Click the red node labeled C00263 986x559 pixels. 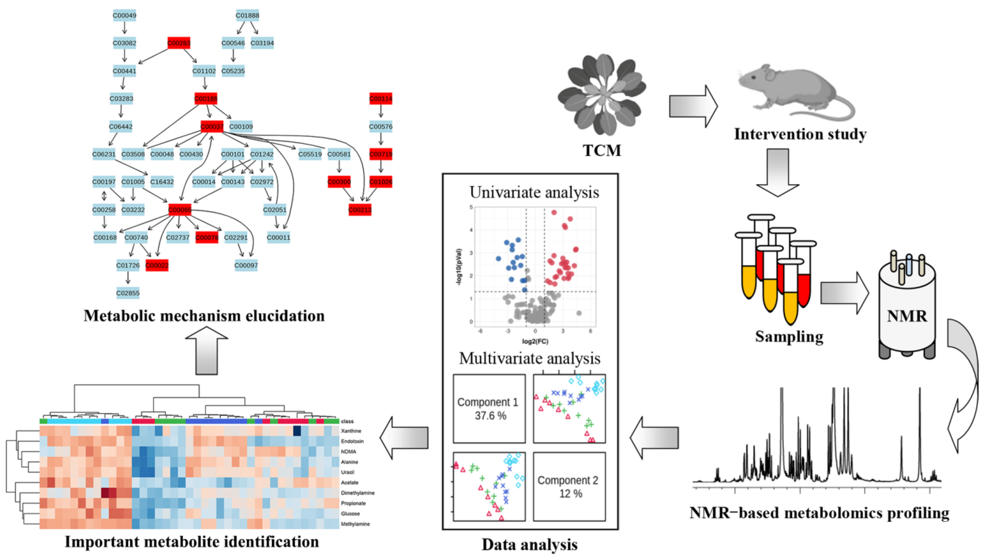179,43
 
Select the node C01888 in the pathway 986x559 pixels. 247,15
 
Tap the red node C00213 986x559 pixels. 360,210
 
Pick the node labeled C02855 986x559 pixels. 128,293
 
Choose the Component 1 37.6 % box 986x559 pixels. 489,409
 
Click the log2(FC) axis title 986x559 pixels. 535,341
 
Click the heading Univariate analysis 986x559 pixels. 534,192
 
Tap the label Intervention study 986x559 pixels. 800,134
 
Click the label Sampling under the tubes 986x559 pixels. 789,337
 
